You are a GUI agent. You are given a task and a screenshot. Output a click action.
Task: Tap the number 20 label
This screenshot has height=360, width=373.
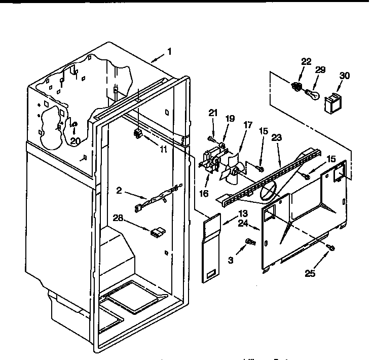coord(75,141)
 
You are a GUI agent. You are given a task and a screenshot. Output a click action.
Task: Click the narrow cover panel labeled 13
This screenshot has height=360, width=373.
coord(211,248)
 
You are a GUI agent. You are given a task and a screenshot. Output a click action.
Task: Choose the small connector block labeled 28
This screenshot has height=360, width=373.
coord(158,233)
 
